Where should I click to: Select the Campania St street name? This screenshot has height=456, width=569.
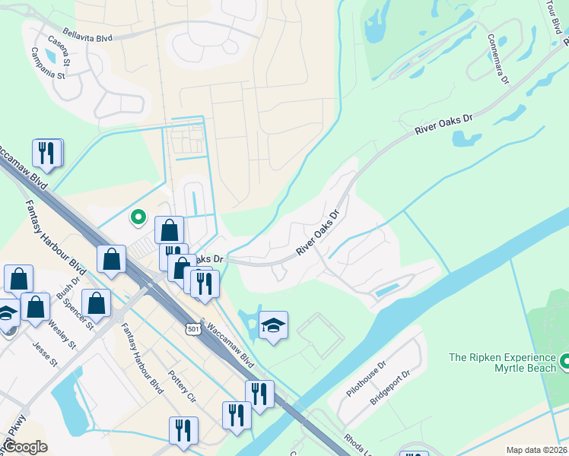[49, 62]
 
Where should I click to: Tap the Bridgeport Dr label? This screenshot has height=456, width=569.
[395, 386]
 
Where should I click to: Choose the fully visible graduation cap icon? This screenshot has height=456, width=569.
[273, 326]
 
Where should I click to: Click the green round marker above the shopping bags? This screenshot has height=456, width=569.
[138, 218]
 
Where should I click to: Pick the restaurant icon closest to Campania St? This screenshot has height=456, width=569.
[46, 153]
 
